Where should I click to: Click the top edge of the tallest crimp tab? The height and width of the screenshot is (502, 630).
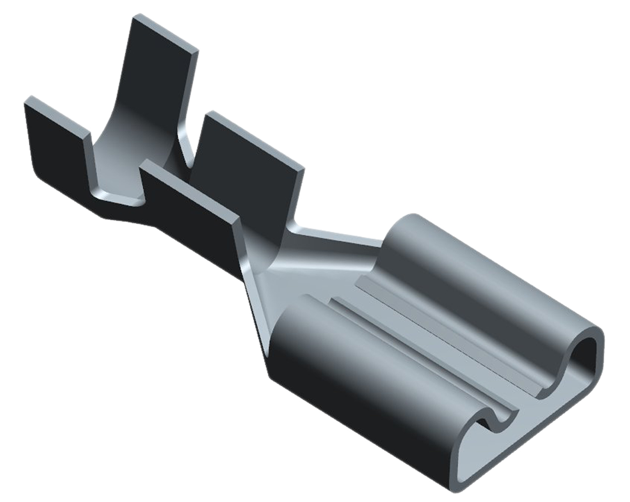[x=165, y=33]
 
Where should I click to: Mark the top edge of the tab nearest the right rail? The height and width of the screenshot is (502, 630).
[x=254, y=140]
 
